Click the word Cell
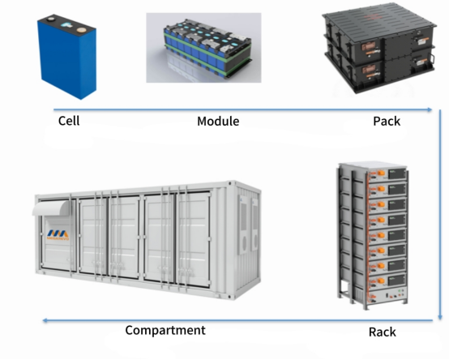69,121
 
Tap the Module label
218,121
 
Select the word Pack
387,121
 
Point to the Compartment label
165,331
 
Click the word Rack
383,332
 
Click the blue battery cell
66,57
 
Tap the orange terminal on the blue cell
81,29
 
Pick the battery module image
203,48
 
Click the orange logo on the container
58,234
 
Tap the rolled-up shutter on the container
51,208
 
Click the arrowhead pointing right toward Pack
430,109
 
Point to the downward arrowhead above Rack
440,317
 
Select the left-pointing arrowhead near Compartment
45,320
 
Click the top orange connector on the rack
381,173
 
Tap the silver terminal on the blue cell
51,19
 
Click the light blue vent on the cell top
66,25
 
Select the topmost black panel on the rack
396,174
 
